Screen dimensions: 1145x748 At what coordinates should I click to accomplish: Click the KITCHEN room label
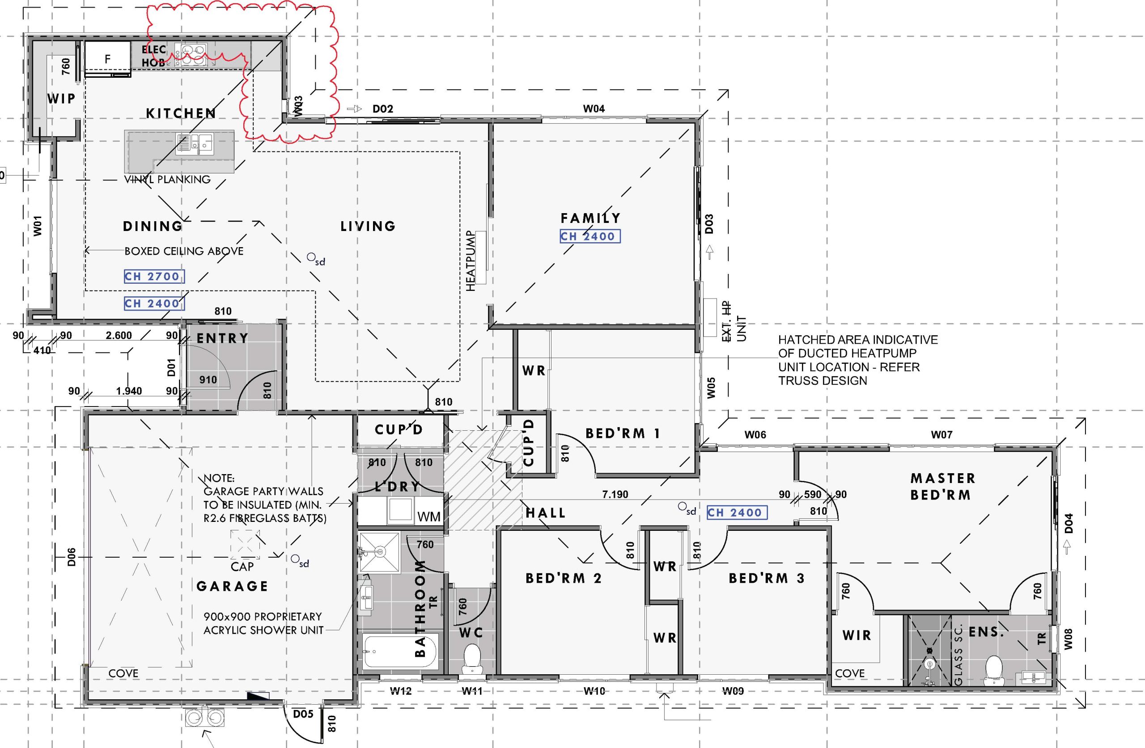click(x=181, y=113)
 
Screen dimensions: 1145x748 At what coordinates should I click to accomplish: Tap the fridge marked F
click(x=108, y=59)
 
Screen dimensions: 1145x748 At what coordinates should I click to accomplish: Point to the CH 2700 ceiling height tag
click(x=154, y=277)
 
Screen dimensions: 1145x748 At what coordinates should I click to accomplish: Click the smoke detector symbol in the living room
click(x=311, y=258)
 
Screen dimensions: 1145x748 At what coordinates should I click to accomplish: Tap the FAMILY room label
click(x=590, y=218)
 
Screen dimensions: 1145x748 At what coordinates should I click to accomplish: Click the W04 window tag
click(x=594, y=109)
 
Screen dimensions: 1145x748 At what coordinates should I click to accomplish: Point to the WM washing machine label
click(x=428, y=517)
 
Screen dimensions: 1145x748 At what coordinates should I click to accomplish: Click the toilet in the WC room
click(x=472, y=659)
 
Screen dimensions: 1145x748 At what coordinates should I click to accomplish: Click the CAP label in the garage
click(x=242, y=567)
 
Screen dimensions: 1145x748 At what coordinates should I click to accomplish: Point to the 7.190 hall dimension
click(x=615, y=494)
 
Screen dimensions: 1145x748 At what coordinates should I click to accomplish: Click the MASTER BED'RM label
click(x=942, y=487)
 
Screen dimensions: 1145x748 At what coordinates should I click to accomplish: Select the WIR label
click(x=857, y=635)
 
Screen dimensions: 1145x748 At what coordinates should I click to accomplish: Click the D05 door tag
click(x=303, y=714)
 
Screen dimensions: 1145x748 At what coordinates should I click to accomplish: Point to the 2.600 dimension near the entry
click(x=119, y=336)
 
